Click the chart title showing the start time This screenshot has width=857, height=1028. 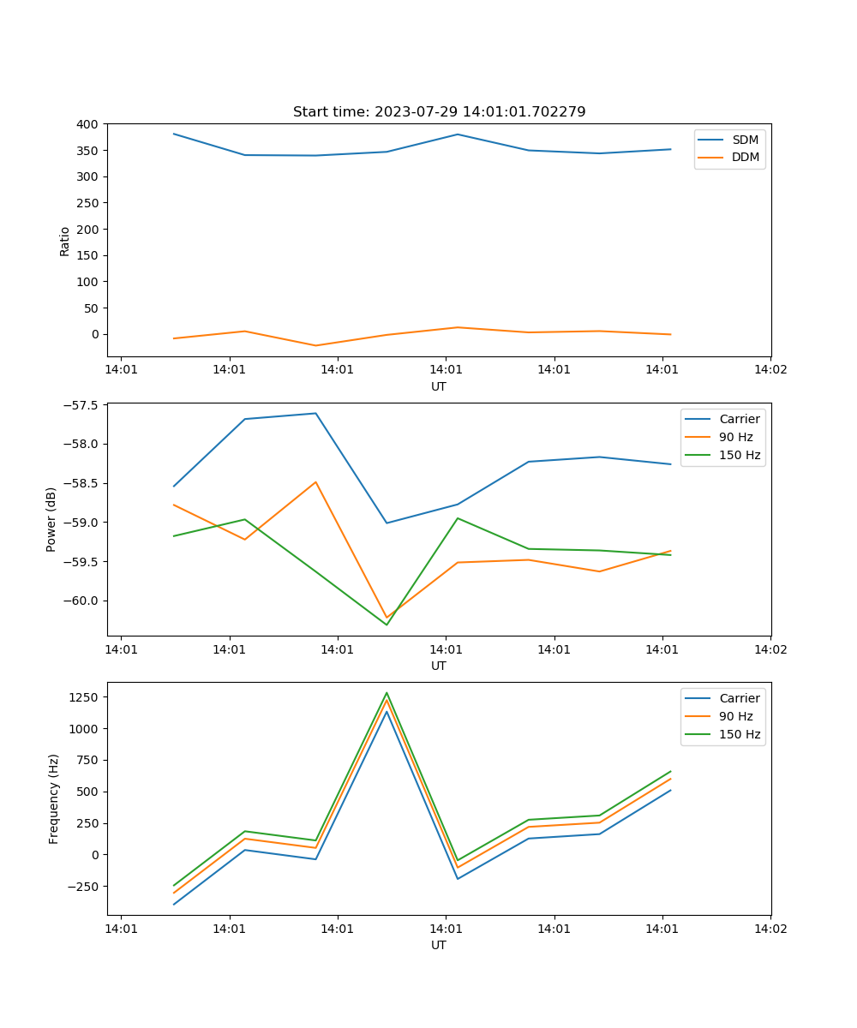tap(439, 112)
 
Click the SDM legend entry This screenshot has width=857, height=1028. tap(745, 140)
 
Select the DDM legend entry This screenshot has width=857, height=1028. tap(745, 158)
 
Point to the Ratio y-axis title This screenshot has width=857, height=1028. tap(64, 241)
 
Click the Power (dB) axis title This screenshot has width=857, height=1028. tap(51, 519)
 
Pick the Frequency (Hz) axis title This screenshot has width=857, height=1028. tap(53, 798)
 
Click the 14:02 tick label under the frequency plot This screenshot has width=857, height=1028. tap(770, 928)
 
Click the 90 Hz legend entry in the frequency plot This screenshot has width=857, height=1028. tap(735, 716)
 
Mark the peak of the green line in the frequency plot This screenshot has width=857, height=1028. tap(387, 692)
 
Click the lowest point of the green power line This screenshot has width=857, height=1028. tap(387, 625)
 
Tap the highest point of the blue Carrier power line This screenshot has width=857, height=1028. tap(315, 413)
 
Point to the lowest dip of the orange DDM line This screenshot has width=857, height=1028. tap(315, 346)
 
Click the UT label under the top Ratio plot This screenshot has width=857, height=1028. tap(439, 386)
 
